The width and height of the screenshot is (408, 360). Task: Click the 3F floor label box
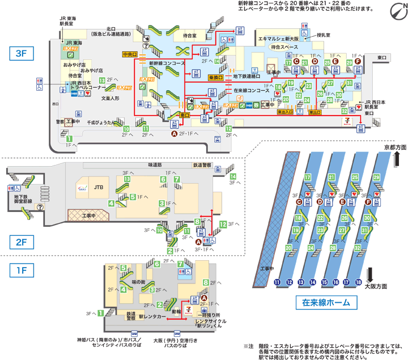(22, 54)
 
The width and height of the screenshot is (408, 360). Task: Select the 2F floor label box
(22, 242)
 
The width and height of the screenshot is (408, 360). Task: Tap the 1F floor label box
(22, 270)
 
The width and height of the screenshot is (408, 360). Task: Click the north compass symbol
(396, 11)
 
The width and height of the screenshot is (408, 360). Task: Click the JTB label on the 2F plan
(99, 185)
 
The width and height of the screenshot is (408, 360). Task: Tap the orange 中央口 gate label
(130, 55)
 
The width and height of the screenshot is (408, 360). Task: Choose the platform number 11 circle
(278, 282)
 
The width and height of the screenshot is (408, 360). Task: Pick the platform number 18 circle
(358, 282)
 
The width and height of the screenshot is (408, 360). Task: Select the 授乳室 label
(325, 35)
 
